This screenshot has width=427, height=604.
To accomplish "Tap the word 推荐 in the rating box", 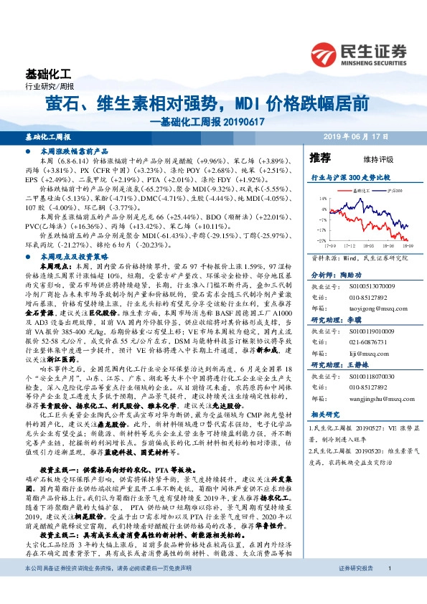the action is (x=320, y=158).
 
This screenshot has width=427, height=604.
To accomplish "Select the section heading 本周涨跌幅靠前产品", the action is (x=70, y=152).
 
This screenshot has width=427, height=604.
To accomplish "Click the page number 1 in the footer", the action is (x=389, y=588).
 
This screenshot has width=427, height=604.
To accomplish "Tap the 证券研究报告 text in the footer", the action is (x=356, y=588).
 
